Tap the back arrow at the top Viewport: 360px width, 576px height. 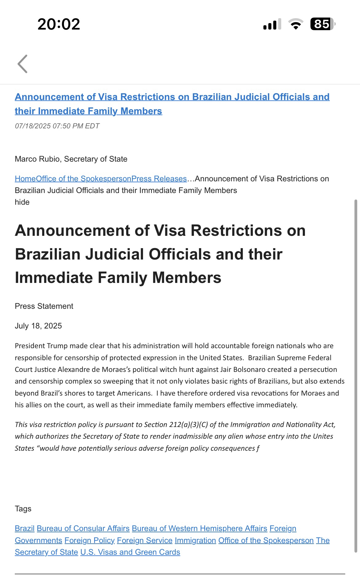[22, 64]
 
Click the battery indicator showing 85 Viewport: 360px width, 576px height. [322, 24]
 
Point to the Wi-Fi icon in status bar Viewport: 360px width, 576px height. [295, 24]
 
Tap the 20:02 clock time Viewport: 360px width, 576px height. [59, 24]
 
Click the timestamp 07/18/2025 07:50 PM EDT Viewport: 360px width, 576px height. [57, 126]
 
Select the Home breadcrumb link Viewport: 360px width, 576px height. [25, 179]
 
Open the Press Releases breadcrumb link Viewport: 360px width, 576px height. [159, 179]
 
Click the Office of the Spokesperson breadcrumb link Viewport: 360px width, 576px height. [83, 179]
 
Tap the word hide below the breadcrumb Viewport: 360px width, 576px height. [22, 202]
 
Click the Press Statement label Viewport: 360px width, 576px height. [44, 306]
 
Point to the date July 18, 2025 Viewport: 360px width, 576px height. [38, 326]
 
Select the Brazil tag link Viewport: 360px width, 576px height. [25, 528]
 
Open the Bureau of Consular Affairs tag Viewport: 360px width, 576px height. [83, 528]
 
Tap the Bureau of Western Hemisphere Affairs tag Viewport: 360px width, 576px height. [199, 528]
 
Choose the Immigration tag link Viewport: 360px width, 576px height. [195, 540]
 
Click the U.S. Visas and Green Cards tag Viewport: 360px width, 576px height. [130, 552]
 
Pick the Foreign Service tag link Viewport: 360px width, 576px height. [145, 540]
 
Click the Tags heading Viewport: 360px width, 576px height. [23, 509]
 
